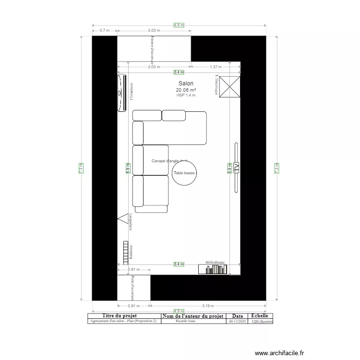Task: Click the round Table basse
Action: pyautogui.click(x=184, y=173)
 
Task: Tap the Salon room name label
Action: pyautogui.click(x=186, y=84)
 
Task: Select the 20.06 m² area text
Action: pyautogui.click(x=186, y=90)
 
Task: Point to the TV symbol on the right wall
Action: pyautogui.click(x=236, y=168)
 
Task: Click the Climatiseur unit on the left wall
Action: pyautogui.click(x=121, y=93)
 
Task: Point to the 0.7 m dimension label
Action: pyautogui.click(x=104, y=30)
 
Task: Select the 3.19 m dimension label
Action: pyautogui.click(x=208, y=305)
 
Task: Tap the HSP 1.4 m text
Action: pyautogui.click(x=186, y=95)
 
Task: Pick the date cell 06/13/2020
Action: pyautogui.click(x=237, y=321)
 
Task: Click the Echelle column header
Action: pyautogui.click(x=260, y=316)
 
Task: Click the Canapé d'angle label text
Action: pyautogui.click(x=168, y=161)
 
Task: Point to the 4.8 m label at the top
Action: pyautogui.click(x=179, y=25)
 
